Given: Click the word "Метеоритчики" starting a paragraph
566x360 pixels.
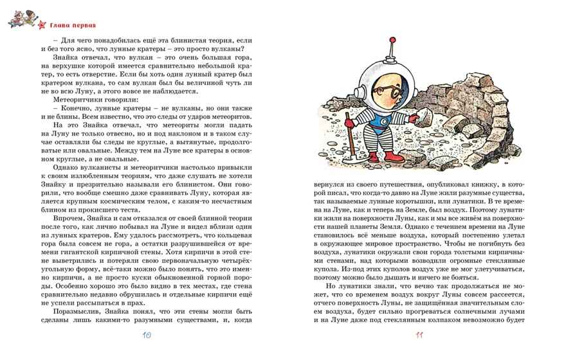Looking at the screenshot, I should pos(66,100).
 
